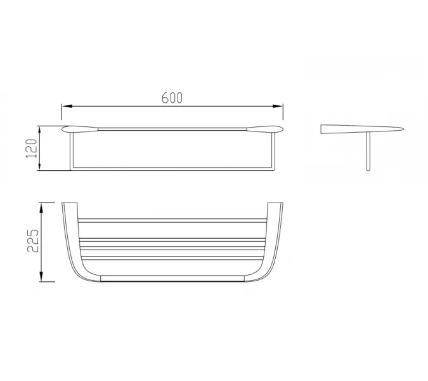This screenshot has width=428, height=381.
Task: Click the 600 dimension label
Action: pyautogui.click(x=172, y=98)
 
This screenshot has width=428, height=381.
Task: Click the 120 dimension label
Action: pyautogui.click(x=32, y=149)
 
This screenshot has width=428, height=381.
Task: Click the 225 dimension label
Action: pyautogui.click(x=33, y=241)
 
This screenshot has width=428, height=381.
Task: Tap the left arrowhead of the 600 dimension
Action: pyautogui.click(x=67, y=106)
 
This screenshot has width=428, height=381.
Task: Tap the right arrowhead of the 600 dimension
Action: pyautogui.click(x=278, y=106)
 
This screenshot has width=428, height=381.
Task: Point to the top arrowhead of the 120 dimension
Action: pyautogui.click(x=40, y=131)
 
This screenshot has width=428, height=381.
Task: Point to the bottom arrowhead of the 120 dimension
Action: pyautogui.click(x=40, y=166)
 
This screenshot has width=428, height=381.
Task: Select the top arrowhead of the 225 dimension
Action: pyautogui.click(x=41, y=208)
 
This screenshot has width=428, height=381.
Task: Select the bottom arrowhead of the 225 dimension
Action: pyautogui.click(x=41, y=277)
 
